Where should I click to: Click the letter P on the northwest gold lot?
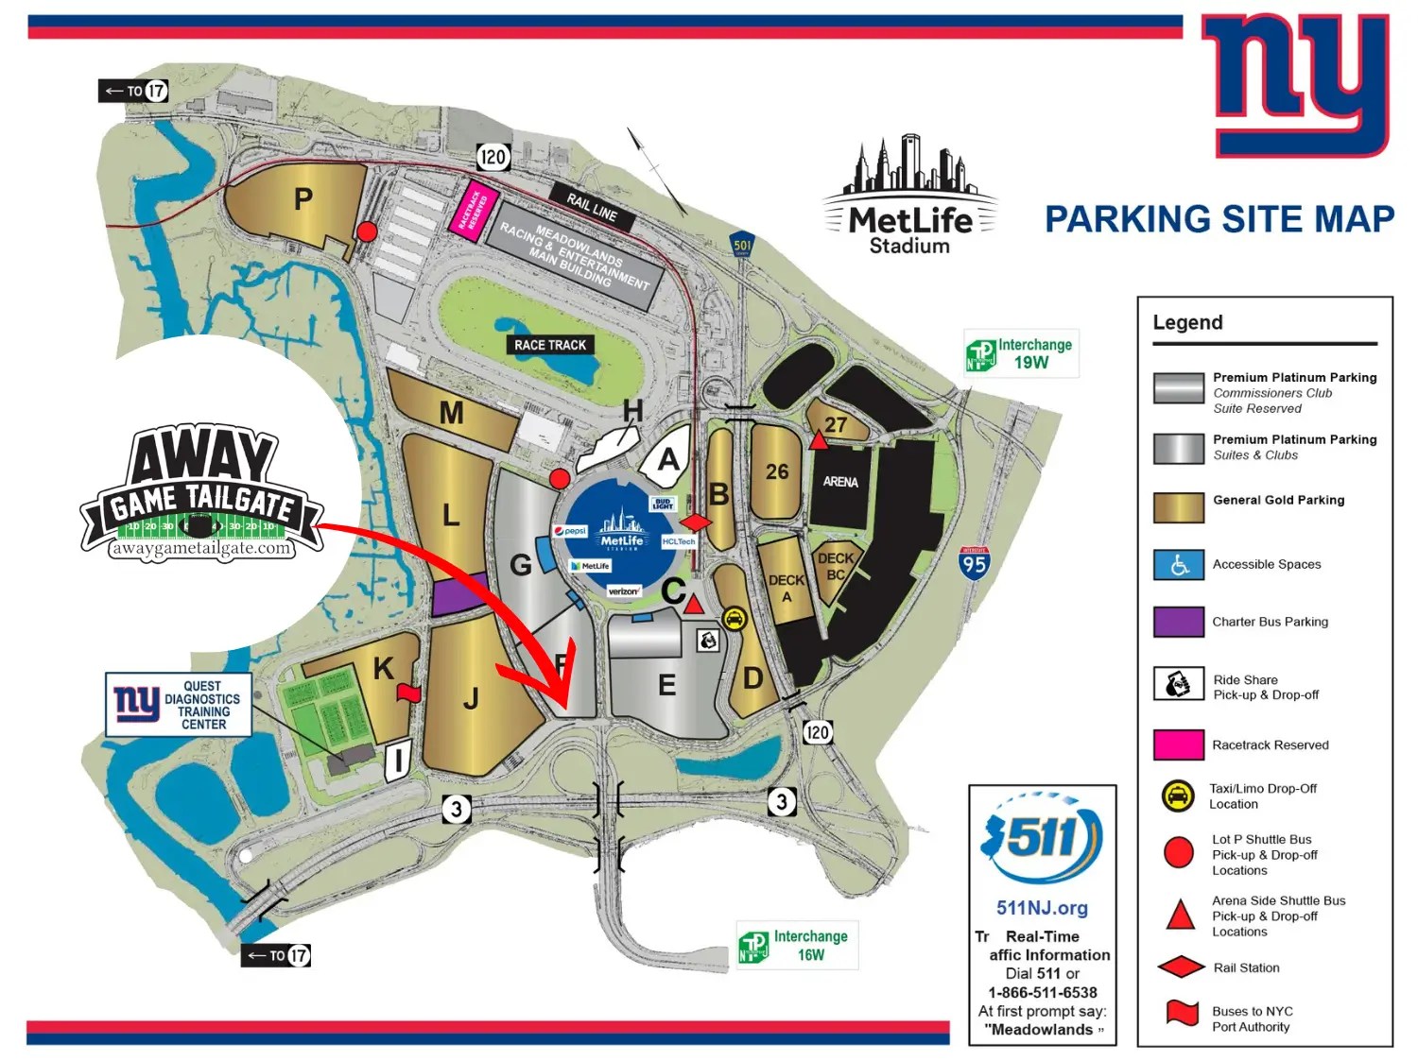pos(303,199)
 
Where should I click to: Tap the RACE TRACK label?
pos(550,345)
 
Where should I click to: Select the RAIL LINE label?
pos(592,207)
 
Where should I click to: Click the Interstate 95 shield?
pos(974,563)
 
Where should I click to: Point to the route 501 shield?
pos(743,245)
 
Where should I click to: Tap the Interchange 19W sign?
pos(1021,353)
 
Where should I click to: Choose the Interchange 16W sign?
pos(797,945)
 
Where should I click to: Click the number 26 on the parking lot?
pos(777,471)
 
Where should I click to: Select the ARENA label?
pos(839,482)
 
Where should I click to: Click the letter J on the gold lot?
pos(471,698)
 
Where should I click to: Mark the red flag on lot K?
pos(407,693)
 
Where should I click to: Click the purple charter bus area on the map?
pos(459,595)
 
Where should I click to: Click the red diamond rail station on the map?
pos(696,522)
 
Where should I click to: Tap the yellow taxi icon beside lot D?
pos(734,619)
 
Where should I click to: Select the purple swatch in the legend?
pos(1178,622)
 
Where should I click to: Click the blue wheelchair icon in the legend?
pos(1178,565)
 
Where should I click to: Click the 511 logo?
pos(1042,836)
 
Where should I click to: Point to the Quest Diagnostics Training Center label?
pos(179,705)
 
